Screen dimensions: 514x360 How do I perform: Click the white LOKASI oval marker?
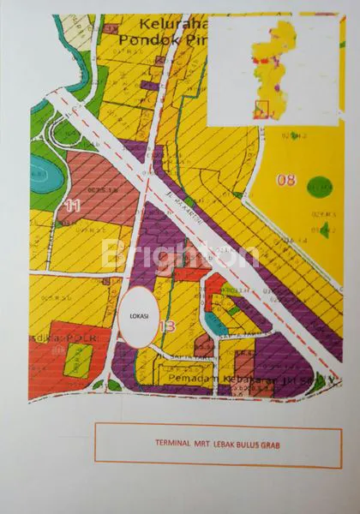point(137,315)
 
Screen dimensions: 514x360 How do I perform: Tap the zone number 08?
point(285,180)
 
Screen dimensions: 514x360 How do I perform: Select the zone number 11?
point(72,206)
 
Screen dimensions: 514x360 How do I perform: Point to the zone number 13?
point(167,326)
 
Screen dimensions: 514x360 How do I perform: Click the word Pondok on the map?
point(146,39)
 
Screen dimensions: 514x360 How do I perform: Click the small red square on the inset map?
point(262,110)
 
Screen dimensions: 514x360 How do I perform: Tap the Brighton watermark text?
point(180,254)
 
